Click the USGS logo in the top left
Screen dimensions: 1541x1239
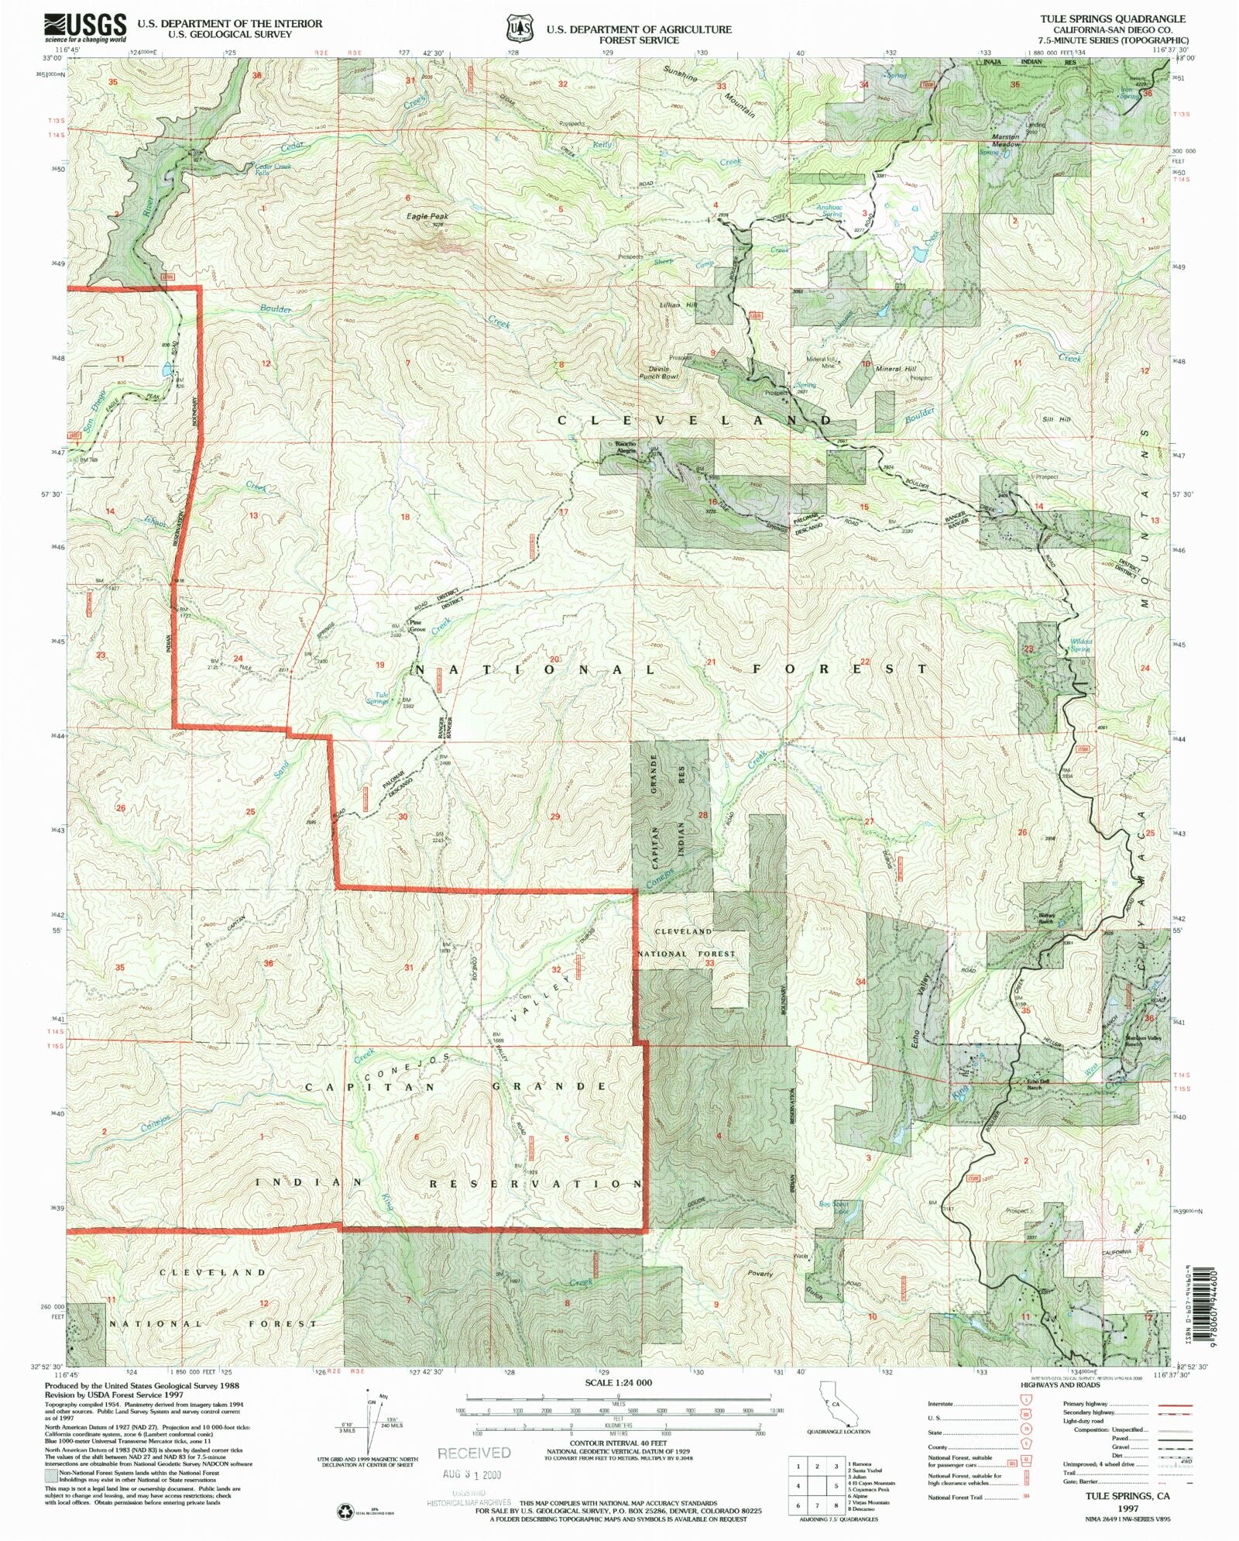pos(85,28)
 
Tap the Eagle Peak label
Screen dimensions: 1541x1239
pos(427,216)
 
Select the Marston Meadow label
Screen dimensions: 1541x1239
pos(1006,140)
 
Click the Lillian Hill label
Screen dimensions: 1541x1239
pos(679,304)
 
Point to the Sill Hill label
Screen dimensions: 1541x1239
pos(1056,419)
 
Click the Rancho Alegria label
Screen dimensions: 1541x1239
pos(626,447)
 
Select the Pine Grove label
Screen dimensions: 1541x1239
pos(418,626)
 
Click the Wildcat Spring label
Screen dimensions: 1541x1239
pos(1081,645)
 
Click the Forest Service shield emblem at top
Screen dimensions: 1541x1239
pos(520,29)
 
